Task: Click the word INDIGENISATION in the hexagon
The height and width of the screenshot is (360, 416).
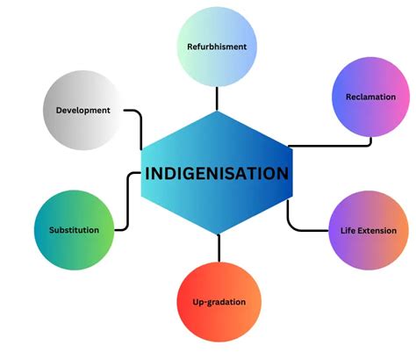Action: click(217, 173)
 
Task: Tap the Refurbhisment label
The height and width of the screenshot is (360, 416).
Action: click(217, 46)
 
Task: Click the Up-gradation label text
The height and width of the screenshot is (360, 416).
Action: click(219, 302)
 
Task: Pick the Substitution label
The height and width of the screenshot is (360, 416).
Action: click(73, 230)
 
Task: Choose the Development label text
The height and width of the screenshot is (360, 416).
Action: click(82, 111)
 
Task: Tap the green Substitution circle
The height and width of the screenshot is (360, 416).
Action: click(74, 211)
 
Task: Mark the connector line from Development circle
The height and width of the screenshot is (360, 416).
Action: click(136, 112)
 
